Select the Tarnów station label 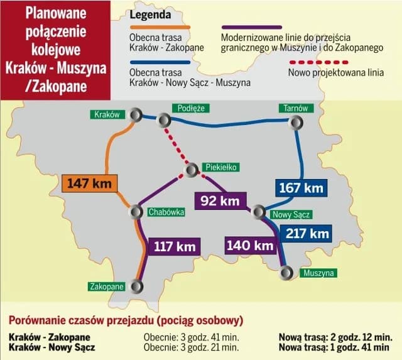295,108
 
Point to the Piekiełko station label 220,167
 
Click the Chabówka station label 166,212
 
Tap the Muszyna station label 317,273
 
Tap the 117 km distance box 175,246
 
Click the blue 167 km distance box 301,187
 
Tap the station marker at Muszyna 288,272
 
